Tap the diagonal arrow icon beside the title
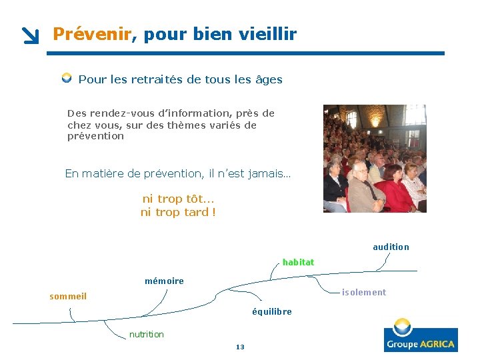pyautogui.click(x=30, y=36)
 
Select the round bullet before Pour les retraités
pyautogui.click(x=67, y=79)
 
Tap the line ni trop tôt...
pyautogui.click(x=178, y=199)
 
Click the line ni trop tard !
pyautogui.click(x=178, y=212)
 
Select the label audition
pyautogui.click(x=391, y=247)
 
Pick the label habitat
pyautogui.click(x=298, y=262)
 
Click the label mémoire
pyautogui.click(x=164, y=281)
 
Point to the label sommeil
pyautogui.click(x=68, y=296)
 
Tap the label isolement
pyautogui.click(x=363, y=292)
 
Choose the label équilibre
pyautogui.click(x=271, y=311)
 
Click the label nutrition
pyautogui.click(x=146, y=334)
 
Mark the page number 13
pyautogui.click(x=240, y=347)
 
